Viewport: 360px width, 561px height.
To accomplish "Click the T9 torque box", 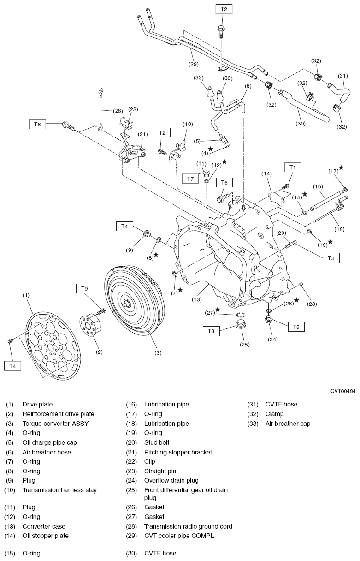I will (84, 288).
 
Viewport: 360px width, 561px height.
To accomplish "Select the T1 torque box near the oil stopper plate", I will (292, 167).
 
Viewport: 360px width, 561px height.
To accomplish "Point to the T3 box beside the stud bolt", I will (330, 258).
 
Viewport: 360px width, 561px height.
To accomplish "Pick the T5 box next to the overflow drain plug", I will (296, 326).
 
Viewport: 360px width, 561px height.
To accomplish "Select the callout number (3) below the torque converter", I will (158, 353).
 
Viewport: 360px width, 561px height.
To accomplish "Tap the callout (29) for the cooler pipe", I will (194, 64).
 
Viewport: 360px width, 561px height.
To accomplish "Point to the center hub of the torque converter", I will (126, 304).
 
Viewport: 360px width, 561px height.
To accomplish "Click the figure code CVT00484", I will (342, 391).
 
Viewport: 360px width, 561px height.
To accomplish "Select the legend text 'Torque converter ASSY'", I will (55, 424).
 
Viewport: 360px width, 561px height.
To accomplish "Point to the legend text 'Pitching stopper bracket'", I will (178, 452).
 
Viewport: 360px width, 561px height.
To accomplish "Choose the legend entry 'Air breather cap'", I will (288, 424).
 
